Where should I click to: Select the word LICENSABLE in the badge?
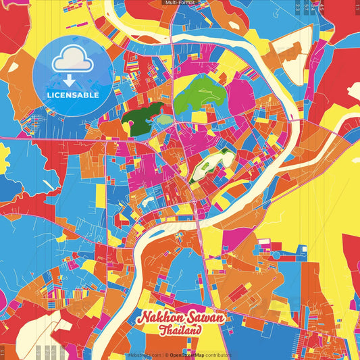73,95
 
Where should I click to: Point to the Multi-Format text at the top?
180,3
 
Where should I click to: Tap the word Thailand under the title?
180,330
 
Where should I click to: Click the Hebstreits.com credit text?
144,355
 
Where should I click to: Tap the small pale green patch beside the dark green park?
165,120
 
